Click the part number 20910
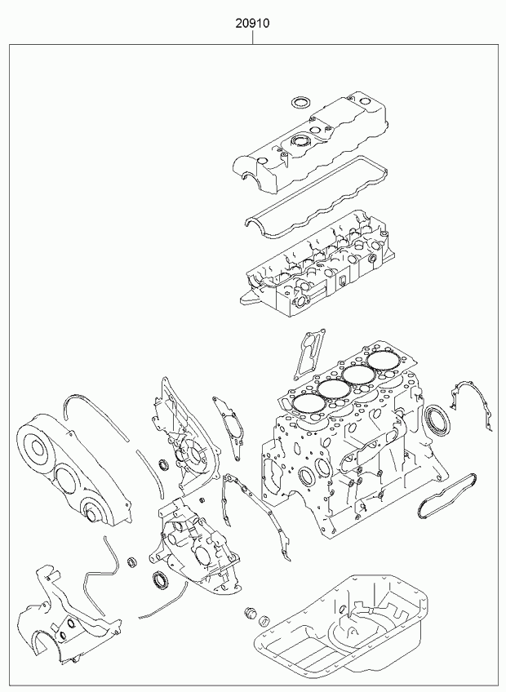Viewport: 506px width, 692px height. [x=252, y=23]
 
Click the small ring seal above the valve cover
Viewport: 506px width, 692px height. [x=300, y=102]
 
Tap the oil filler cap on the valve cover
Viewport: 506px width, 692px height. [x=300, y=142]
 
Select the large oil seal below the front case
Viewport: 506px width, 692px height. [x=159, y=579]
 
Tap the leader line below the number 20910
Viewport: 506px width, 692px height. [x=252, y=37]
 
